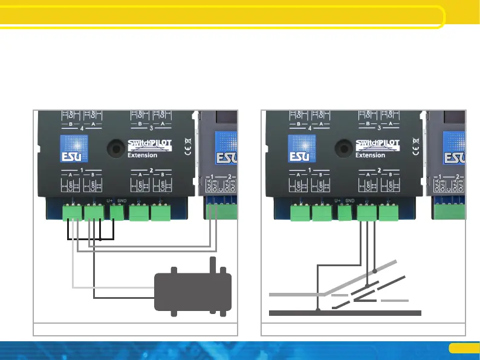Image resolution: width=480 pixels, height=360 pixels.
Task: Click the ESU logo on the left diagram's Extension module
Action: point(70,149)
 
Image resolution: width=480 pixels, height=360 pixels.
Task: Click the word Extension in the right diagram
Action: point(371,155)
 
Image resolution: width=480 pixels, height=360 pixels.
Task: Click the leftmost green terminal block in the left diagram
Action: point(73,213)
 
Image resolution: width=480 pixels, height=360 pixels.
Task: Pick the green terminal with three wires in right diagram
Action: point(366,213)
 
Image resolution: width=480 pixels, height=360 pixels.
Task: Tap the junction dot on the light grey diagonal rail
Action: point(375,270)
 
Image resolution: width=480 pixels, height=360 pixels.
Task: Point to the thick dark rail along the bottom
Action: point(345,313)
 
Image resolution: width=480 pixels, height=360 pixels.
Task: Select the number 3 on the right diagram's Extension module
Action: point(378,128)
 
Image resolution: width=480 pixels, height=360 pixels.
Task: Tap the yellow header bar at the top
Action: point(224,17)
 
